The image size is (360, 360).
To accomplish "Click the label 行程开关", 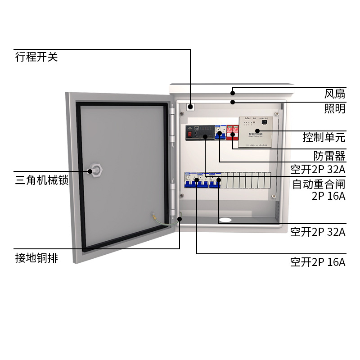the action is (36, 58).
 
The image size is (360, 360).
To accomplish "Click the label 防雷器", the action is (329, 156).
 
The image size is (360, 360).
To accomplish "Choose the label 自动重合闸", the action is (319, 184).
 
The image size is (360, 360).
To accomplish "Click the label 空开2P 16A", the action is (318, 262).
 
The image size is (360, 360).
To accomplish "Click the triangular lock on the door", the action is (97, 171).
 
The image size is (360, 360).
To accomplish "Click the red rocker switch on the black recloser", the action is (190, 133).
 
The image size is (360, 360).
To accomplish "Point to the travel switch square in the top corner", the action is (190, 107).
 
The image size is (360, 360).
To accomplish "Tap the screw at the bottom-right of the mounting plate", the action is (274, 196).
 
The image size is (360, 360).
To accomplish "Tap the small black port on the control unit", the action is (264, 121).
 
